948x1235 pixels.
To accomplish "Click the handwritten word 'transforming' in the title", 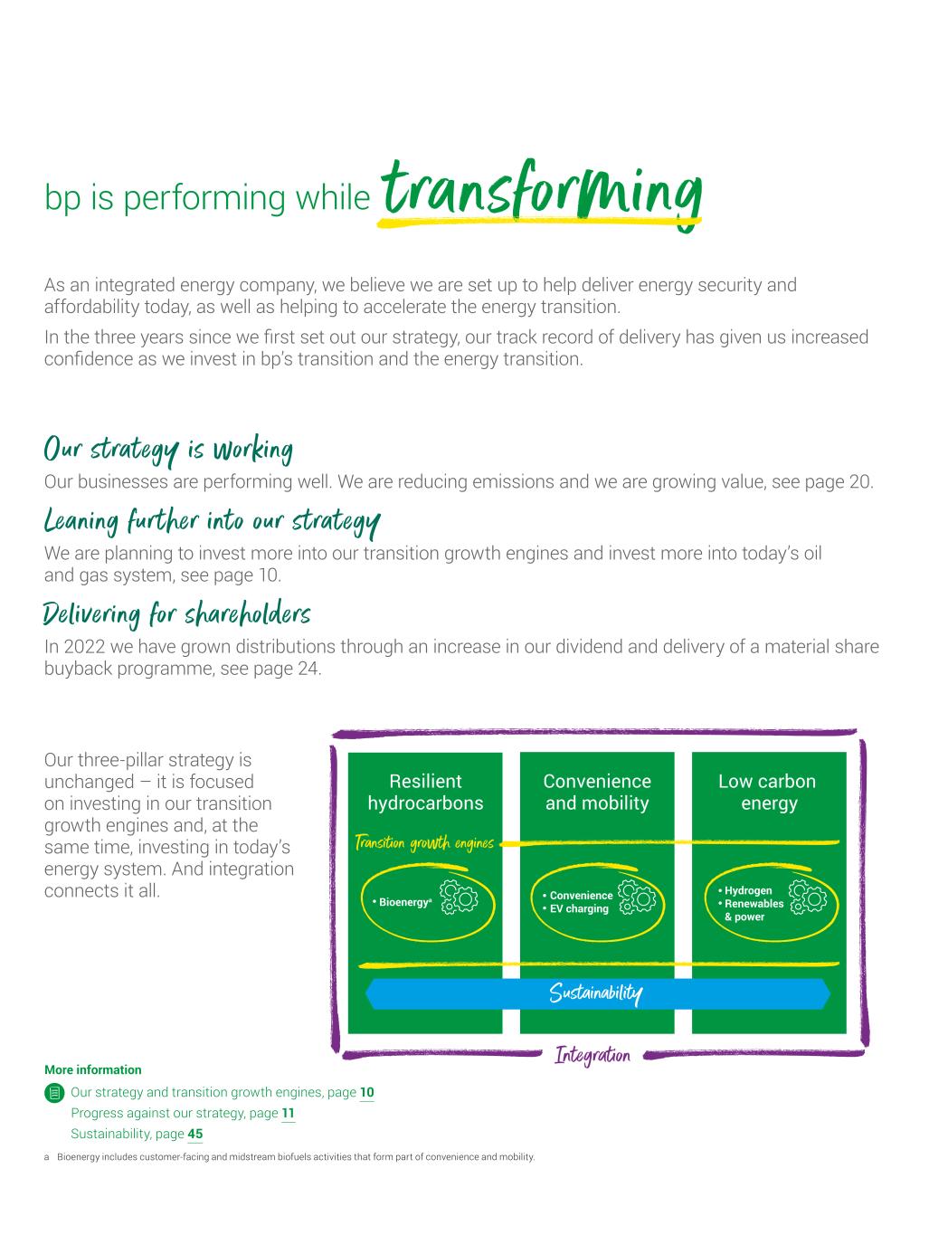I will pos(541,191).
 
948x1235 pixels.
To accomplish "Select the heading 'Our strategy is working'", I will pos(168,448).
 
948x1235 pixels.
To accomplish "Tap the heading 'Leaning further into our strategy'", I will pos(212,521).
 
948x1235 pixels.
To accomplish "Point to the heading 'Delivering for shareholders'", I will pos(177,614).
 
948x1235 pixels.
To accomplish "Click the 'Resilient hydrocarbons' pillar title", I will pos(425,792).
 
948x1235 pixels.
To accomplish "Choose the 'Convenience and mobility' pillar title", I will pos(597,792).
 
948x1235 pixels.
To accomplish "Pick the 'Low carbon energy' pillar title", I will pos(768,792).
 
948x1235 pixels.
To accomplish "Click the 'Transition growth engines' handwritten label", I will pos(424,844).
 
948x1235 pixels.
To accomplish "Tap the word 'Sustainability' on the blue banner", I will pos(596,994).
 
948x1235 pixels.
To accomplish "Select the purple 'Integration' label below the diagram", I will pos(592,1055).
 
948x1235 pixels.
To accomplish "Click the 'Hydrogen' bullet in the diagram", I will pos(747,890).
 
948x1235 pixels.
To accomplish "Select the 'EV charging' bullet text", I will pos(579,908).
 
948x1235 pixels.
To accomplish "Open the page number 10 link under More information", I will pos(366,1092).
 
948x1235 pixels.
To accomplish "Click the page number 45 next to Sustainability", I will pos(194,1134).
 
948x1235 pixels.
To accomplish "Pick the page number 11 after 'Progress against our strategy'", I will pos(288,1113).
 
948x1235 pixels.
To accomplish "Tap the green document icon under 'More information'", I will pos(54,1093).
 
